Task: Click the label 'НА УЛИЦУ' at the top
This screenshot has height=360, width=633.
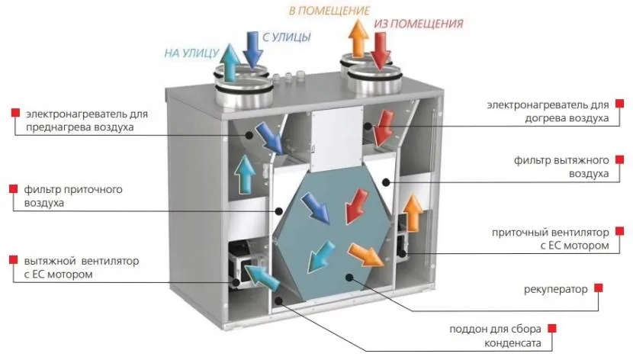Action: coord(191,53)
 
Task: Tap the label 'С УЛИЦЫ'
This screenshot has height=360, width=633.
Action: coord(288,36)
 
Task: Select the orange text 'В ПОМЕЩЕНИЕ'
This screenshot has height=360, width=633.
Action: coord(329,11)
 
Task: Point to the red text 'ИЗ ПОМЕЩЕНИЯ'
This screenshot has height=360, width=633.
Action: coord(418,24)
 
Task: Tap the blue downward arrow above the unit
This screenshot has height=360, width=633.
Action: coord(252,49)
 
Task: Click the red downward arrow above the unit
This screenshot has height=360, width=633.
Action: coord(379,50)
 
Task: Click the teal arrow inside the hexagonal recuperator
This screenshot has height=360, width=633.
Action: coord(319,256)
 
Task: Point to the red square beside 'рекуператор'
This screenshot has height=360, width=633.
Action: coord(599,288)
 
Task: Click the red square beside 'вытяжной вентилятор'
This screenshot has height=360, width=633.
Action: coord(15,261)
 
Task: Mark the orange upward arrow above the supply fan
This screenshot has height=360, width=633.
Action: coord(411,213)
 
